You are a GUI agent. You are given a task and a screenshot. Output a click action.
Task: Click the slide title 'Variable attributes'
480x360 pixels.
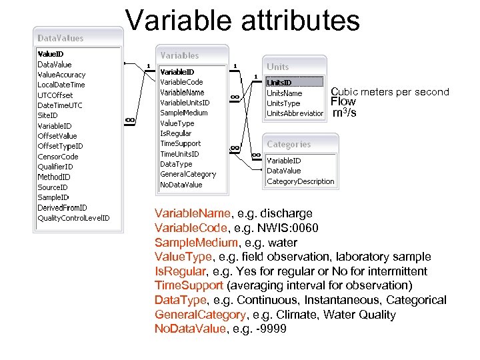[x=243, y=20]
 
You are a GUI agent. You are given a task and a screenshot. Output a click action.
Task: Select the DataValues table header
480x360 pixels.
[x=61, y=38]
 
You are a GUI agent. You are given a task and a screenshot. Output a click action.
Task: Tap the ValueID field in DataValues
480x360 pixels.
[x=51, y=54]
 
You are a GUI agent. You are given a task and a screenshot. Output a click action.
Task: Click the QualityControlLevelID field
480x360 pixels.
[x=73, y=218]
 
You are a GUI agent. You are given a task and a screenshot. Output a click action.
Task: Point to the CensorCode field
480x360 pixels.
[x=58, y=157]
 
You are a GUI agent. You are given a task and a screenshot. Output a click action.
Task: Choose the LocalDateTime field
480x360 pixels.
[x=61, y=85]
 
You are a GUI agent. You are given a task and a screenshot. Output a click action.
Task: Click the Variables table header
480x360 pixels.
[x=179, y=55]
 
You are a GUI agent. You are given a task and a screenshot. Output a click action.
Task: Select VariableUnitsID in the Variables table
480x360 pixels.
[x=185, y=103]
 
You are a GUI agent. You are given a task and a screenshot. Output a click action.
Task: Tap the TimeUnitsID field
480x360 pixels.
[x=180, y=154]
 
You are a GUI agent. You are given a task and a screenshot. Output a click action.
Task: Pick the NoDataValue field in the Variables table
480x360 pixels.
[x=181, y=185]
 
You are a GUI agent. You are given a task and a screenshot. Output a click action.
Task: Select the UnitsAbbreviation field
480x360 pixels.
[x=295, y=113]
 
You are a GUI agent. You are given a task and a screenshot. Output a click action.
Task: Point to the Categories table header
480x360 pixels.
[x=289, y=144]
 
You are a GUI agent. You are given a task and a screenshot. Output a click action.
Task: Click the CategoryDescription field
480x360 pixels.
[x=300, y=181]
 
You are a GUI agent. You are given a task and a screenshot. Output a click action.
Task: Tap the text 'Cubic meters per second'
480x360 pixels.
[x=390, y=92]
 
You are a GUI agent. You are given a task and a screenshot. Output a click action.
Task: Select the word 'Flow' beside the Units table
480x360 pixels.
[x=343, y=102]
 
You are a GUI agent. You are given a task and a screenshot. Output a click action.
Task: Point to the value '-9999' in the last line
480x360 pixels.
[x=275, y=329]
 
